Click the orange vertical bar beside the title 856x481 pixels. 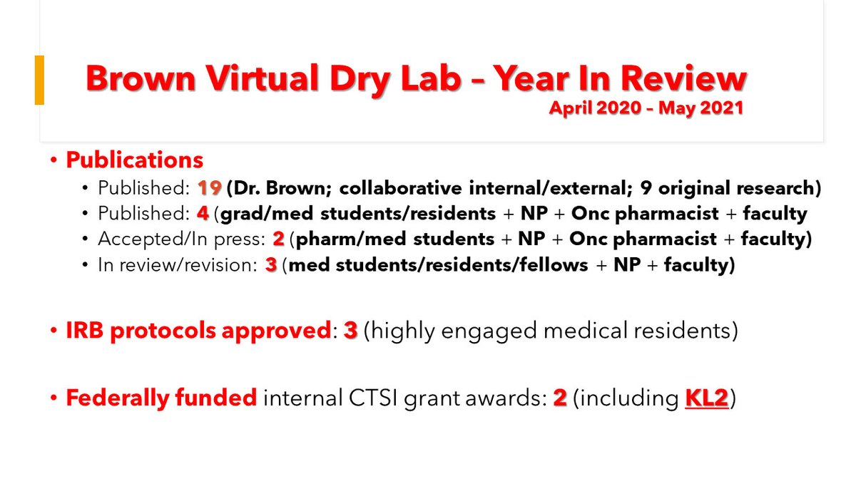click(x=39, y=80)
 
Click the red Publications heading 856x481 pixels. click(x=134, y=160)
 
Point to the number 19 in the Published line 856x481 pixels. click(x=210, y=189)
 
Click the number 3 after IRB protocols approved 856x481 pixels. click(x=350, y=332)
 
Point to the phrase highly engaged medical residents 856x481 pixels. click(x=550, y=332)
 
